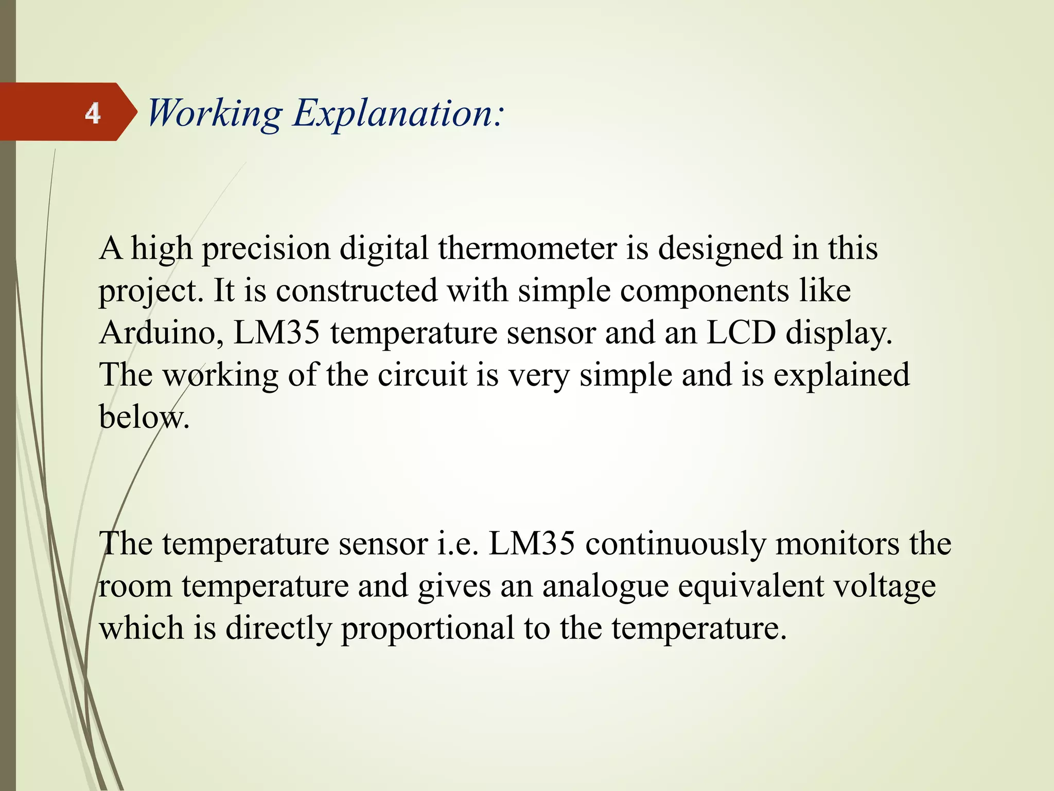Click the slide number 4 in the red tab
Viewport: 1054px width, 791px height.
[x=93, y=113]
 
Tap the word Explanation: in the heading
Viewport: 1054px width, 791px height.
[x=399, y=113]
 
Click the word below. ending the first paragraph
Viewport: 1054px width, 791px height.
[x=144, y=417]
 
